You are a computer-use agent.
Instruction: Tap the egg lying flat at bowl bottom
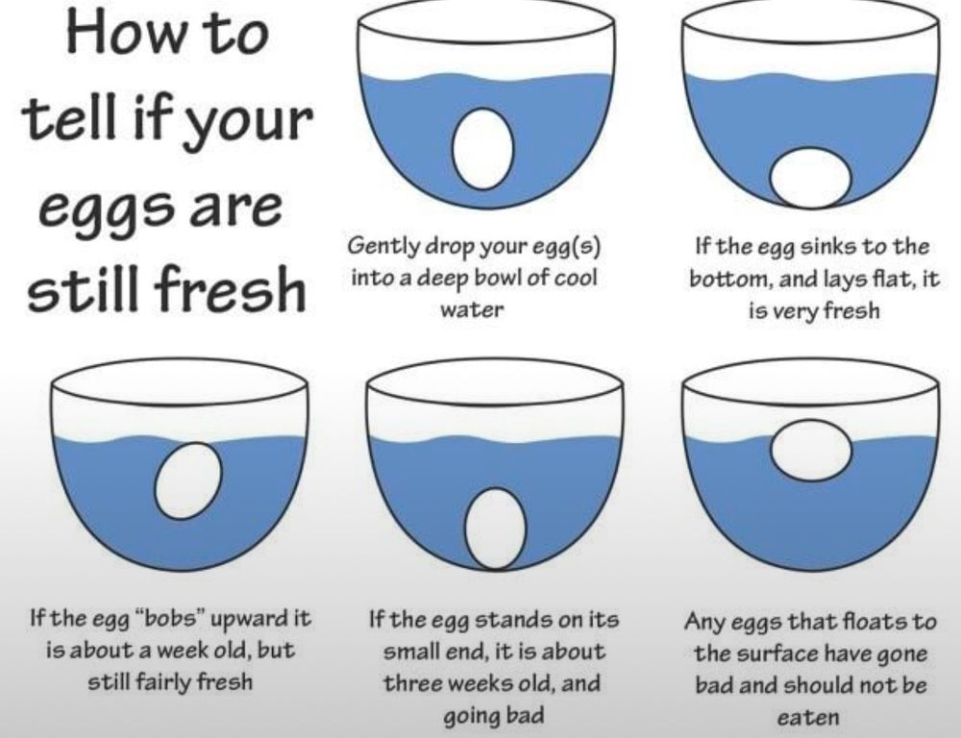pos(810,178)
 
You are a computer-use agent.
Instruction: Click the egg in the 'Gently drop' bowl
pos(483,149)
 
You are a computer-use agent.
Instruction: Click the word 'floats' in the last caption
pos(862,621)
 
